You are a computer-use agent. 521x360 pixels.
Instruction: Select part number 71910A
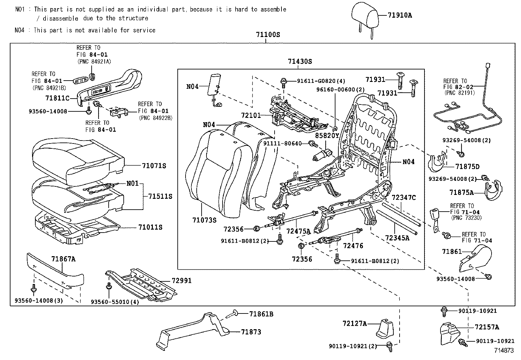tap(400, 15)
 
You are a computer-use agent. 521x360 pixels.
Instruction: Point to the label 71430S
tap(300, 61)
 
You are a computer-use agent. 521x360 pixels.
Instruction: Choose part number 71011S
tap(150, 227)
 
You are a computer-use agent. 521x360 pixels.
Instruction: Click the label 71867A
tap(63, 259)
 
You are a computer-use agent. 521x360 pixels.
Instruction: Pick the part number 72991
tap(182, 280)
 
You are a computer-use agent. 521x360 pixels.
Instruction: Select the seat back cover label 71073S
tap(204, 220)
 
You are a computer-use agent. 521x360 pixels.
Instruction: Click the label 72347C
tap(404, 198)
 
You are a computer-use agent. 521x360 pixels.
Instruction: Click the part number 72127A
tap(354, 323)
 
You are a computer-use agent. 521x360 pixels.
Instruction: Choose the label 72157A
tap(487, 327)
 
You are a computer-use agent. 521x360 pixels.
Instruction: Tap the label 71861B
tap(261, 314)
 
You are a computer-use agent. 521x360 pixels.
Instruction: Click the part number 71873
tap(251, 332)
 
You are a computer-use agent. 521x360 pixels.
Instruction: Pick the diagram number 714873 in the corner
tap(504, 350)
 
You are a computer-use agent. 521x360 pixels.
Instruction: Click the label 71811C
tap(57, 98)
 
